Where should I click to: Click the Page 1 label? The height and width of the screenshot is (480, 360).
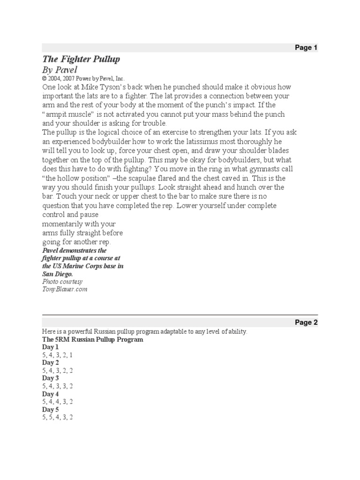point(306,48)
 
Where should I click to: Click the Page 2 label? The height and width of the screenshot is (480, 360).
point(306,322)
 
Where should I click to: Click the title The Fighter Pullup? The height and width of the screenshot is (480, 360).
point(81,59)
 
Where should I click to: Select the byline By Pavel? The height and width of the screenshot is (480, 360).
point(60,69)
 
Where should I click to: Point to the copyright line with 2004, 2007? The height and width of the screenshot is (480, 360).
point(83,79)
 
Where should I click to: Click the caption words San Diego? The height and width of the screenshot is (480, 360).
point(58,274)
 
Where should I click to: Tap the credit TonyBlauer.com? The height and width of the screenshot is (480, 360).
point(65,289)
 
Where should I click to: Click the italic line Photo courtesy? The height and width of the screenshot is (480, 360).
point(62,282)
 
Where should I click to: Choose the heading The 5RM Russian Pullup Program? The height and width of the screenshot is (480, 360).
point(92,339)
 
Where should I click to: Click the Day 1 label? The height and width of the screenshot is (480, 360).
point(51,347)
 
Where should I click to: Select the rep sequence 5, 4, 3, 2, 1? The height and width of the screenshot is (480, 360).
point(57,355)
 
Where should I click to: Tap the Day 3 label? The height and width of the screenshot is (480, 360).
point(51,378)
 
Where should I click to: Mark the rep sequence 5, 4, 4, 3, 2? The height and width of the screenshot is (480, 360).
point(57,402)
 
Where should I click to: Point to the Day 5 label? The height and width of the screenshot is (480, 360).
point(51,409)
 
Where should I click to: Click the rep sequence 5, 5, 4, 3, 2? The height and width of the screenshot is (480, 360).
point(57,417)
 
